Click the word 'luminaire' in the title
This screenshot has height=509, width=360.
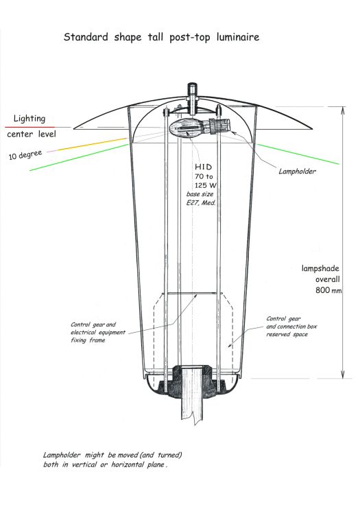238,37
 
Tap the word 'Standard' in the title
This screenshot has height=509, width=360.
86,36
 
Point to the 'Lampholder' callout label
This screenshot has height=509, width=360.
297,171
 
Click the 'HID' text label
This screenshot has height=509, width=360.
203,167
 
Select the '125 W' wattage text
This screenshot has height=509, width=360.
206,185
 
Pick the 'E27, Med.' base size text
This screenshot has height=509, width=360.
201,203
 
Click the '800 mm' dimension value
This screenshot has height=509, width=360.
328,290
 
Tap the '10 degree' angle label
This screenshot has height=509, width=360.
25,155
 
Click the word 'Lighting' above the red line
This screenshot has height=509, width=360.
29,119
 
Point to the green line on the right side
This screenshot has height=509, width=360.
298,154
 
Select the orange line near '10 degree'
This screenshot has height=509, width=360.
92,144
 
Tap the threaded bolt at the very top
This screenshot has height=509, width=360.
193,98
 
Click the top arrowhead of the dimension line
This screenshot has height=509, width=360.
342,110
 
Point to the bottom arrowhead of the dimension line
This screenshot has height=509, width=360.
342,375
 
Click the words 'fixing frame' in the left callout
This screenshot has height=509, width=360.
88,340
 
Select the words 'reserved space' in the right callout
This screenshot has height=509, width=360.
287,334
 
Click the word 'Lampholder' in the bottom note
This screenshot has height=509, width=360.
62,455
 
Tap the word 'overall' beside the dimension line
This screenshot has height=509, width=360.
328,279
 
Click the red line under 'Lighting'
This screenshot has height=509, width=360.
30,127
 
